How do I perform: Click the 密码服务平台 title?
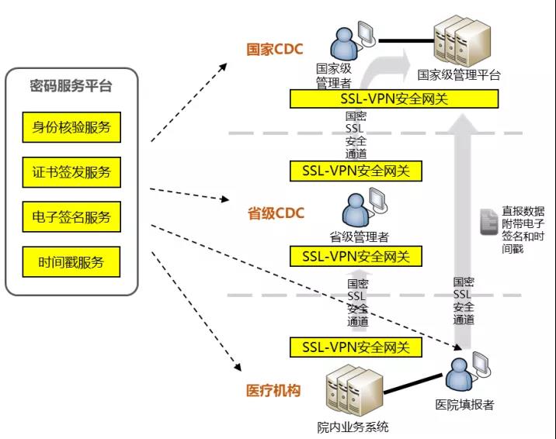click(71, 86)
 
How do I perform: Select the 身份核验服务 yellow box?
click(71, 127)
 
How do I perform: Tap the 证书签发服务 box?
click(71, 172)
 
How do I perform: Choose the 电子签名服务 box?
click(71, 217)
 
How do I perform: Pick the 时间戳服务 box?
click(71, 262)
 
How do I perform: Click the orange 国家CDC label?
click(275, 50)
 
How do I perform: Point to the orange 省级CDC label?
click(276, 213)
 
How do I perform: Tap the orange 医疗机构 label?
click(273, 391)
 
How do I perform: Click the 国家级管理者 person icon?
click(344, 42)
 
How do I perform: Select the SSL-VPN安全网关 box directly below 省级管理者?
click(356, 256)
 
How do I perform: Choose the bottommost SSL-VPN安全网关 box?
click(356, 347)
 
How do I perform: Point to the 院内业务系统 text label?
click(353, 427)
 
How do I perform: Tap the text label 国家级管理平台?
click(459, 75)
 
